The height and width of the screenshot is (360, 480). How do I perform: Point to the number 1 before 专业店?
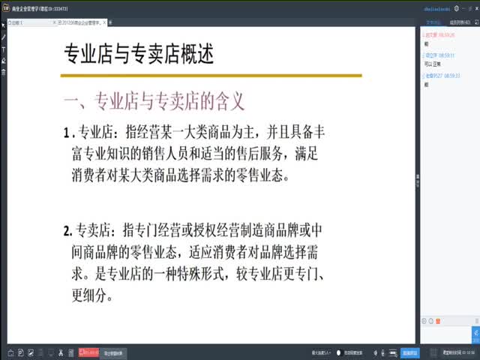click(67, 133)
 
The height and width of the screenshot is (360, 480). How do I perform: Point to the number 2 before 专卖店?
click(67, 229)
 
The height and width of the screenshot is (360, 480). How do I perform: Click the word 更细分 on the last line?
click(92, 295)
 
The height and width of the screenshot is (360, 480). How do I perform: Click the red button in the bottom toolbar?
click(88, 351)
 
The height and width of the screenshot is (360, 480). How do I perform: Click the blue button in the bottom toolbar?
click(409, 351)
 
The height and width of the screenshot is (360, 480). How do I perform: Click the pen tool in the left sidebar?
click(4, 35)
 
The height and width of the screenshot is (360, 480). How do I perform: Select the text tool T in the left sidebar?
click(4, 48)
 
